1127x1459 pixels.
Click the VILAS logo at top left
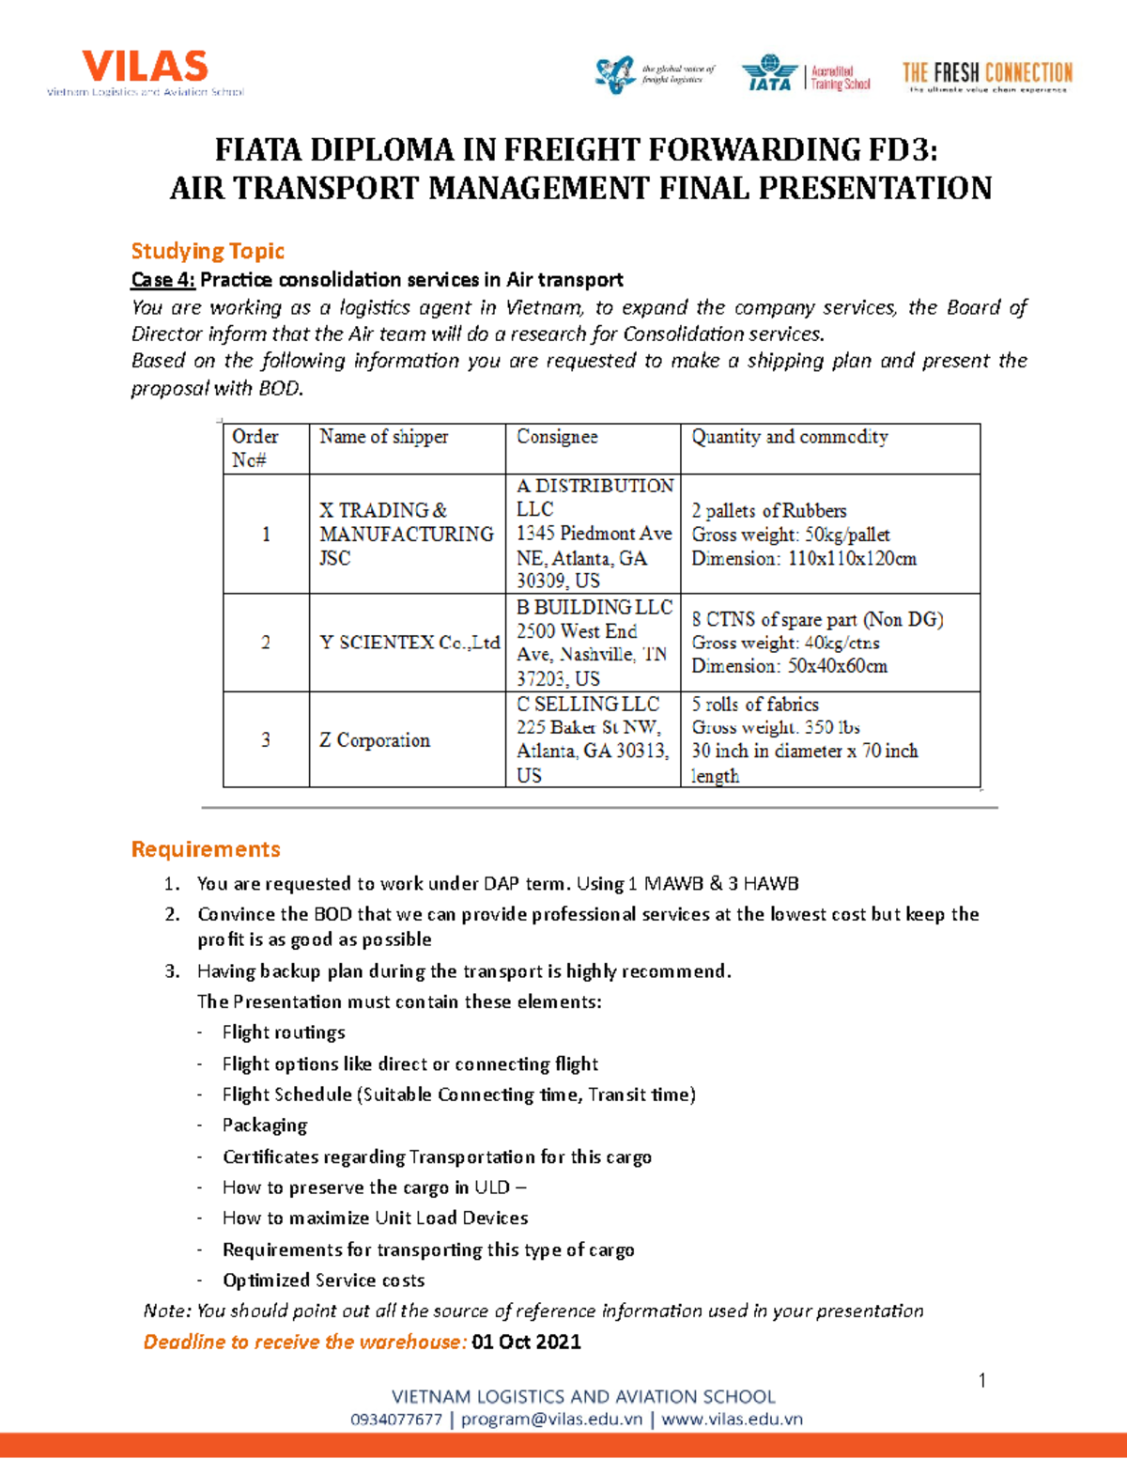coord(146,72)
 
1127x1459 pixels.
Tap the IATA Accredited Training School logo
coord(806,74)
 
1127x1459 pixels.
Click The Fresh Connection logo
coord(986,75)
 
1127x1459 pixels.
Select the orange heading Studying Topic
coord(208,251)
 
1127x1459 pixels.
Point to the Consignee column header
coord(557,437)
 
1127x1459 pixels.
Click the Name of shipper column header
coord(383,437)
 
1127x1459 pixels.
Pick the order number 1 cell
coord(266,534)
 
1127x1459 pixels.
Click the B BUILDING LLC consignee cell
coord(594,643)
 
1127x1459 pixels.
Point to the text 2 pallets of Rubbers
coord(768,511)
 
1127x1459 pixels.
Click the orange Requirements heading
coord(206,849)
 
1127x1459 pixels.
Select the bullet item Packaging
coord(265,1125)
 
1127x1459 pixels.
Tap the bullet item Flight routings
coord(284,1032)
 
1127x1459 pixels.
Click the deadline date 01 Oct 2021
coord(526,1342)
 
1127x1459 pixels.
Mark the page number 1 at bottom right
coord(981,1380)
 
